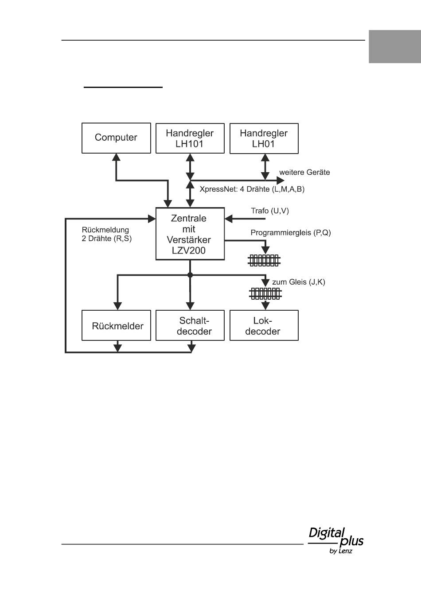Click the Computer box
coord(116,138)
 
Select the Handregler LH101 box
coord(190,138)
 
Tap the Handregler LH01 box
coord(264,139)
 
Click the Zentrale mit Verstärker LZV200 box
coord(190,234)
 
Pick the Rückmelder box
coord(116,325)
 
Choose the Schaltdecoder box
coord(190,325)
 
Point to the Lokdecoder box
coord(264,325)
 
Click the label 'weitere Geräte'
coord(305,173)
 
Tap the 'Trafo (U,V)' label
coord(270,211)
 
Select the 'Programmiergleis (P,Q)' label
coord(291,233)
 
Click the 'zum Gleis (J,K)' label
coord(299,282)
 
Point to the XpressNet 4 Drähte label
coord(252,189)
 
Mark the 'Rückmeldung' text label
coord(105,230)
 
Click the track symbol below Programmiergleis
coord(264,261)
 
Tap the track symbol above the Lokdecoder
coord(265,294)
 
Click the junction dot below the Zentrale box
coord(190,275)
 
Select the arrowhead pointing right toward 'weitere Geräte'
coord(281,181)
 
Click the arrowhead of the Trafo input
coord(228,219)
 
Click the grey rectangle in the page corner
coord(395,46)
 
